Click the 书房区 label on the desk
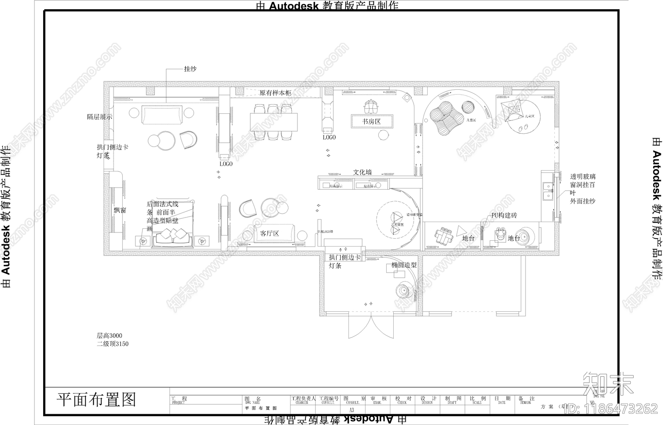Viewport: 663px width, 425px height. [x=371, y=122]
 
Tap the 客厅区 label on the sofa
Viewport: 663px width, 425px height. [x=269, y=234]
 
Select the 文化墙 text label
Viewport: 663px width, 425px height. [x=362, y=172]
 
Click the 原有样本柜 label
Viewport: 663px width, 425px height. [x=275, y=93]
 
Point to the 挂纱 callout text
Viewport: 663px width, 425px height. [x=190, y=69]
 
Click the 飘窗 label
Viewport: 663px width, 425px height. [x=120, y=210]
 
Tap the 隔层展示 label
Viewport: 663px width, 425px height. [x=99, y=117]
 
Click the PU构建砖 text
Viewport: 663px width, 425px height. [x=504, y=215]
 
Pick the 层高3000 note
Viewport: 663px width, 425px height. [x=109, y=335]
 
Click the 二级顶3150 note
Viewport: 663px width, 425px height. [x=113, y=344]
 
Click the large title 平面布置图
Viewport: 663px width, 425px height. [x=96, y=400]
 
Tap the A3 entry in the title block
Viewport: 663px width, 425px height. [x=352, y=410]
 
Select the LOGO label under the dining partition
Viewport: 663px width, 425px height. [x=226, y=164]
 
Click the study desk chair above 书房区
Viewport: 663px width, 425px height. [x=371, y=106]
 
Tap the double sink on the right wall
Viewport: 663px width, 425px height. [x=548, y=191]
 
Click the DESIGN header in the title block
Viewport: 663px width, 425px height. [x=427, y=403]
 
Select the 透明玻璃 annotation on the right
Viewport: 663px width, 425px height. [x=583, y=176]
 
